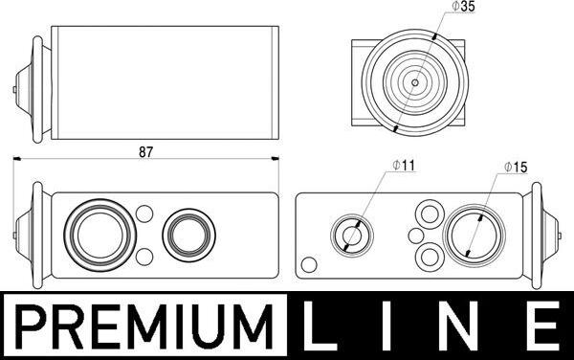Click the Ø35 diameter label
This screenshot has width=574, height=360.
pyautogui.click(x=463, y=7)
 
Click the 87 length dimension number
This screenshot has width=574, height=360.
pyautogui.click(x=145, y=152)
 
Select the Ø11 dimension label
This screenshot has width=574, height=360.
pyautogui.click(x=404, y=166)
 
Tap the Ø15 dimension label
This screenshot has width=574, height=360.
pyautogui.click(x=516, y=167)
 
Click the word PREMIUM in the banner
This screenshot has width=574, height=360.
pyautogui.click(x=145, y=326)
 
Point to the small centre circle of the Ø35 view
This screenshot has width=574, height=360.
pyautogui.click(x=415, y=82)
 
